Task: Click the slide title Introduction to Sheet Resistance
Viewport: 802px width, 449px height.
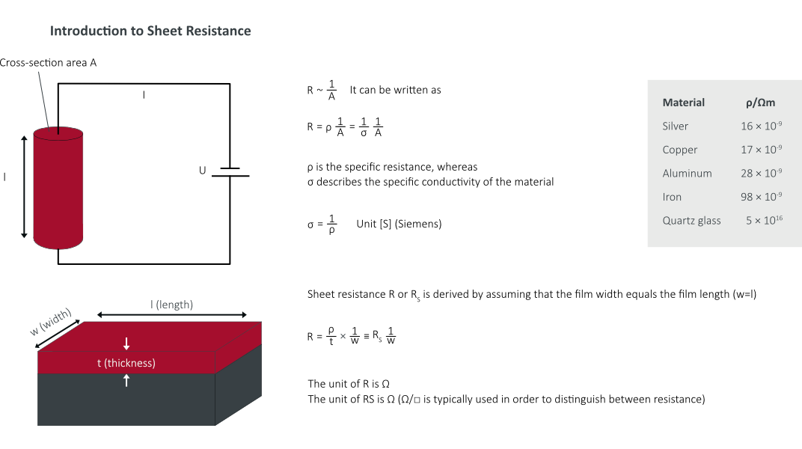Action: [150, 31]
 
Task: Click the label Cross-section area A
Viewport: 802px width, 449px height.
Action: [48, 63]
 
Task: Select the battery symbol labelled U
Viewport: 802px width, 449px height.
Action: [230, 172]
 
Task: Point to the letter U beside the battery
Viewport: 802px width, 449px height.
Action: [202, 171]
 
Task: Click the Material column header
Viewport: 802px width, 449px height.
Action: [684, 103]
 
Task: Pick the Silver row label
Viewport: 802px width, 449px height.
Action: [676, 126]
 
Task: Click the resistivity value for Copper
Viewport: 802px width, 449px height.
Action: [762, 150]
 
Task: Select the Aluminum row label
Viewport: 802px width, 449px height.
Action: [687, 173]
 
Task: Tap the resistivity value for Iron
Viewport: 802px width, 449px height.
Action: [762, 197]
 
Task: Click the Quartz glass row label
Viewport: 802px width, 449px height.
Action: [692, 221]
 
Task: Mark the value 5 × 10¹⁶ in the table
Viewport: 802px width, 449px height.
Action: [764, 221]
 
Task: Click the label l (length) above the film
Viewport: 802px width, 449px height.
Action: [171, 304]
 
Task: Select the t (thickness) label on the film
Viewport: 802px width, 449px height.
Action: [126, 363]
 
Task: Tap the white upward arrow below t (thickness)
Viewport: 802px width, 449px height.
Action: [126, 379]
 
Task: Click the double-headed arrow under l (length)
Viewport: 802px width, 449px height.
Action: [171, 315]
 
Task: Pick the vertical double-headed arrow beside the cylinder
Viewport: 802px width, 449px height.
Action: [24, 186]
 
